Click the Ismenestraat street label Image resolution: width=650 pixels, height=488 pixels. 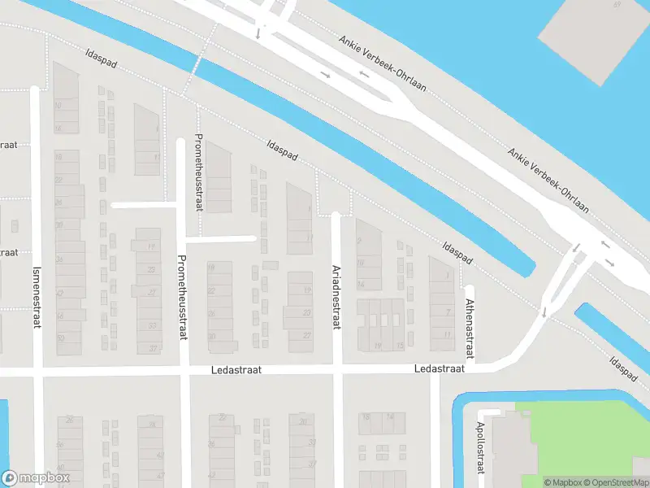(36, 298)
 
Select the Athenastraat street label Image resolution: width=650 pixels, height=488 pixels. (470, 329)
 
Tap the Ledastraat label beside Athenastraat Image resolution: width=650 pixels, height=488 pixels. (439, 368)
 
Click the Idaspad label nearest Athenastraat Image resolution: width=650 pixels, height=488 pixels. (457, 252)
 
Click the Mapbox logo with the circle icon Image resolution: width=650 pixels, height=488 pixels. (36, 477)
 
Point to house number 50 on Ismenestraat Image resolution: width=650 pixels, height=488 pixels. (60, 337)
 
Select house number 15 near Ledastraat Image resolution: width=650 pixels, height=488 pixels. (400, 346)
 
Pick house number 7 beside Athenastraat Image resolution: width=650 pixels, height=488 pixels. (448, 312)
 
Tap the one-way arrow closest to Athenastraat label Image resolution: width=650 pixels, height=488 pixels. (544, 312)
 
